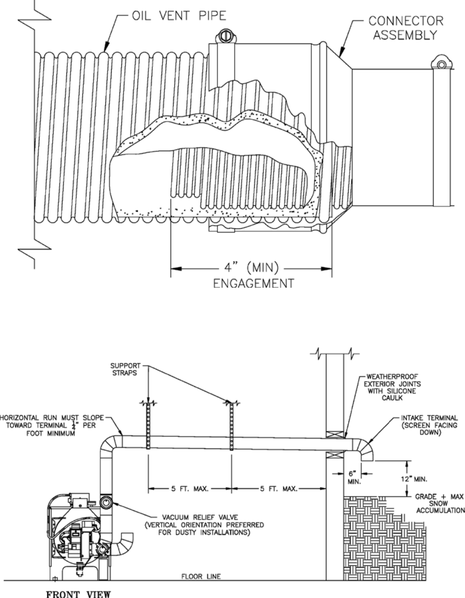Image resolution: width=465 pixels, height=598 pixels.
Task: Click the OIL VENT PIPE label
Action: coord(178,16)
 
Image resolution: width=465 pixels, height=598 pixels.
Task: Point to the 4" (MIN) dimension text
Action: coord(251,268)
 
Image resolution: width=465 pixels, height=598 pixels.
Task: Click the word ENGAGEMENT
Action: coord(253,283)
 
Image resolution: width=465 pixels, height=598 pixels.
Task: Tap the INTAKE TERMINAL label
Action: coord(430,425)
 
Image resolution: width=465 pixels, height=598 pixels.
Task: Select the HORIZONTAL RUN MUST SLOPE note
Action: coord(52,425)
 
